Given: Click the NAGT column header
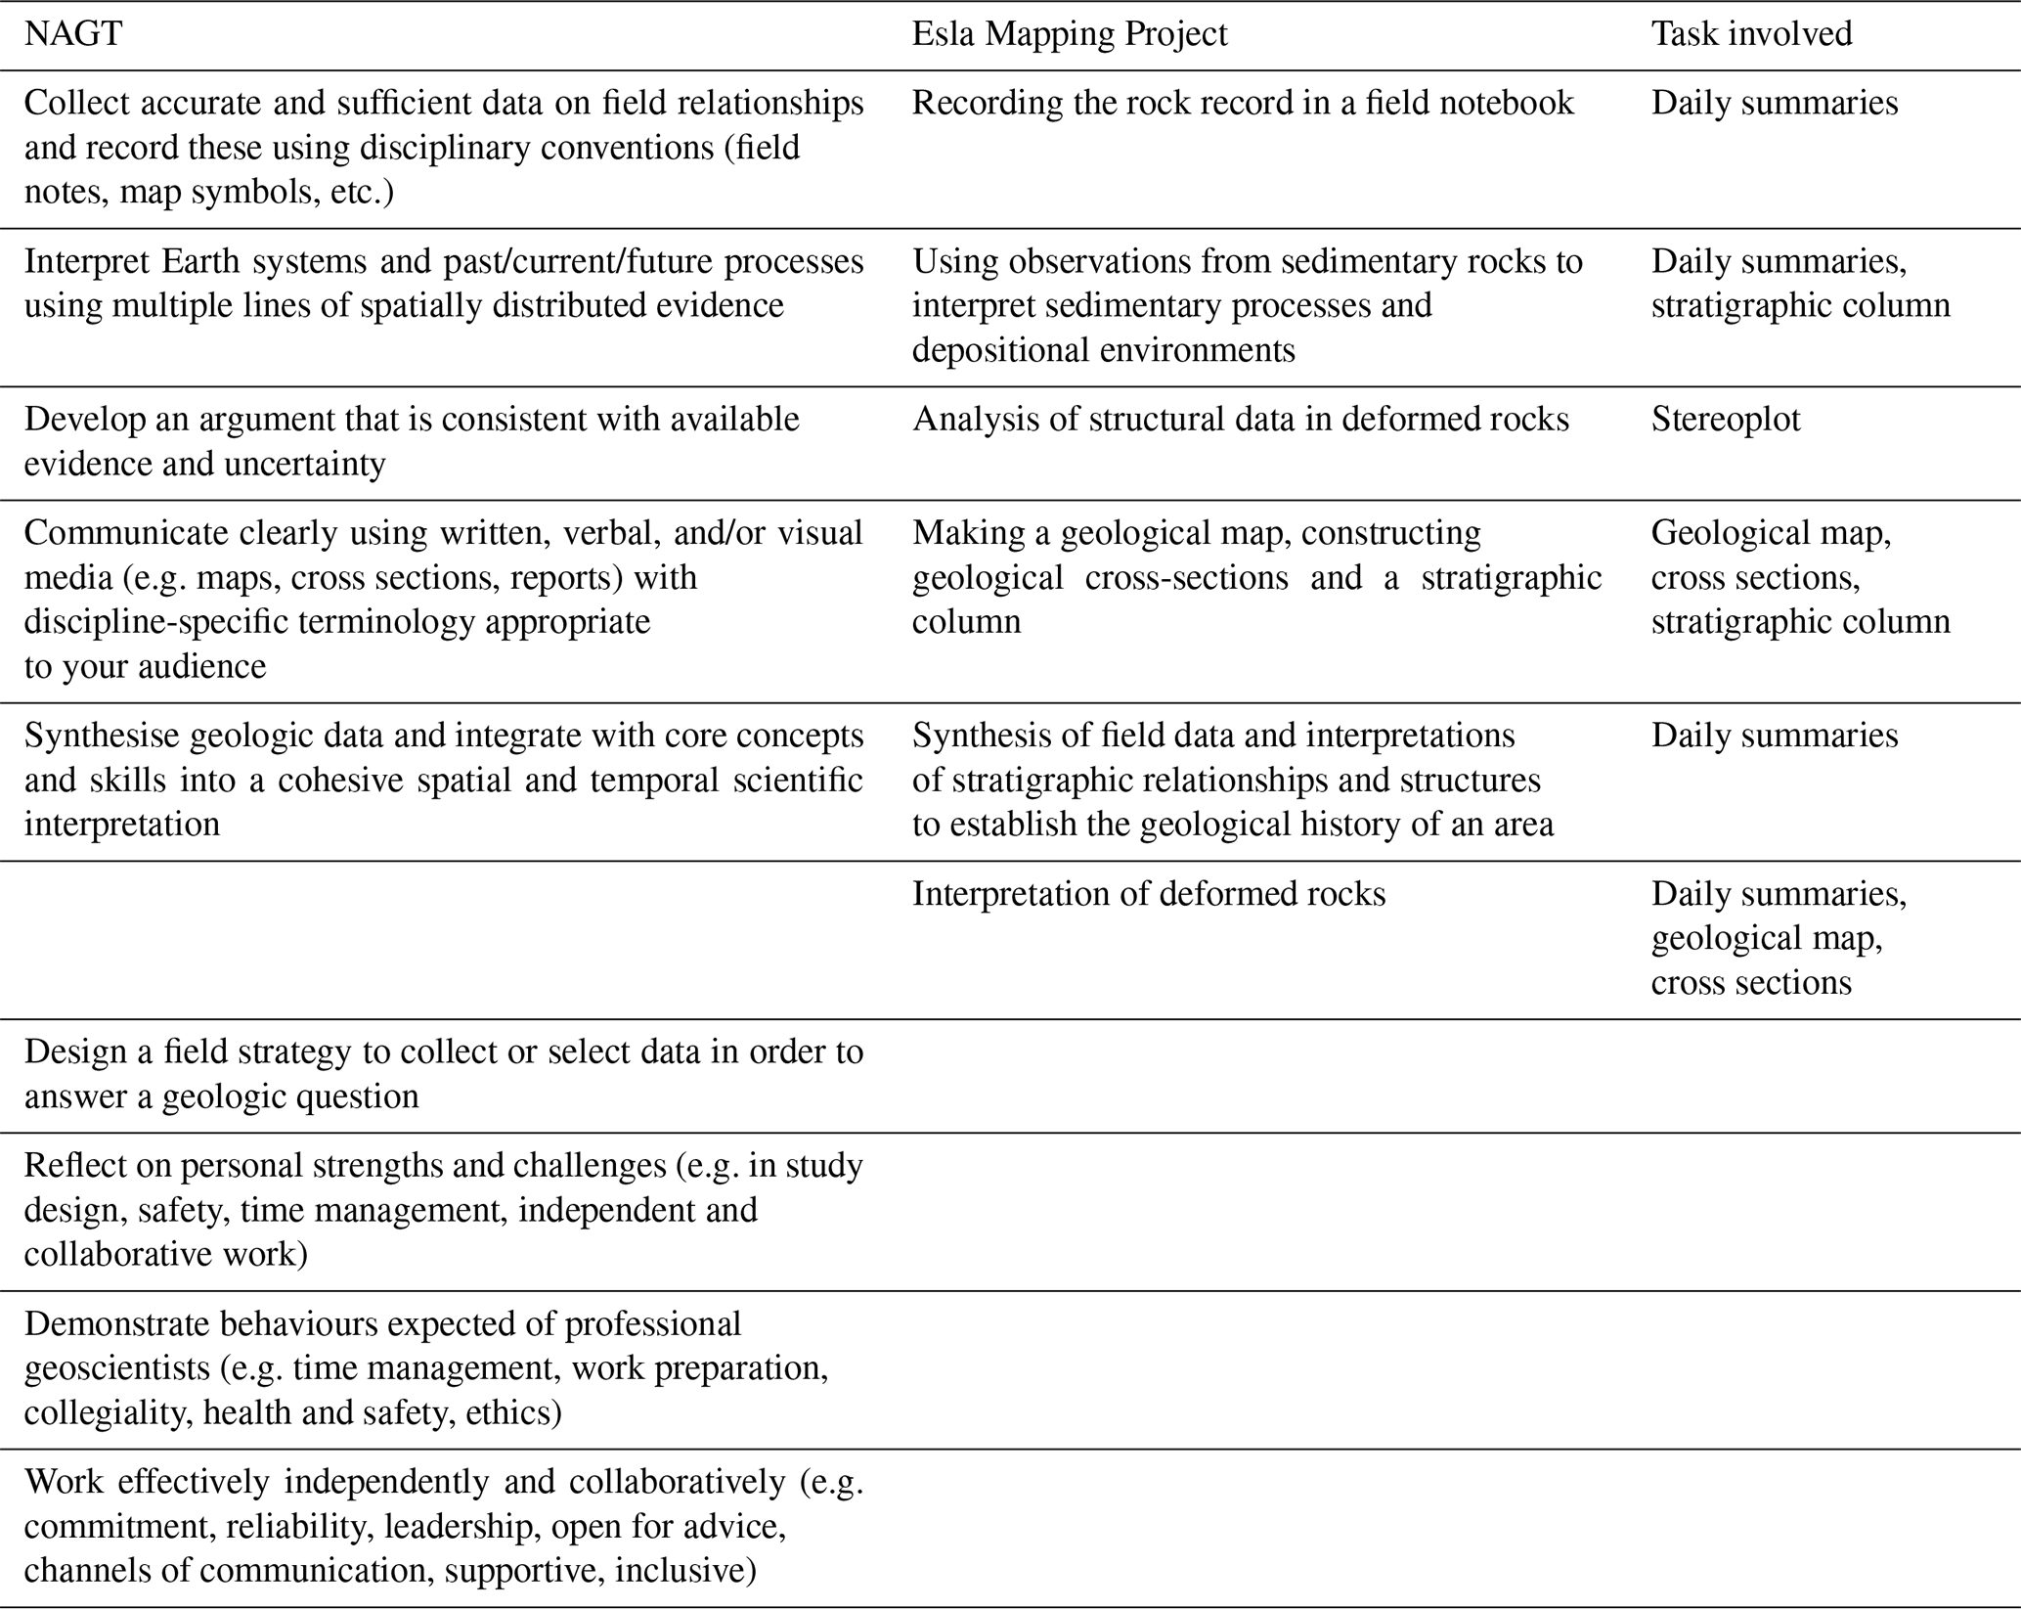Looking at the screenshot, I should [73, 34].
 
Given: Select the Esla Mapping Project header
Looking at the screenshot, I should [1069, 34].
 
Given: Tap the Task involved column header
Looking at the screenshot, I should [1751, 34].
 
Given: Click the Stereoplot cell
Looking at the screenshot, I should [1726, 420].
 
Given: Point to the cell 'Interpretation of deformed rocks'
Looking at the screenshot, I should [1149, 894].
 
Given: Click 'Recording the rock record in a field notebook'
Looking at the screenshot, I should [1243, 103].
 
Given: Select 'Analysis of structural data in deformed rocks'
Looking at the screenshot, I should [1241, 420].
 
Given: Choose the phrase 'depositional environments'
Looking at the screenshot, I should [1104, 350].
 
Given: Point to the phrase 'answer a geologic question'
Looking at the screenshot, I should [221, 1096].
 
